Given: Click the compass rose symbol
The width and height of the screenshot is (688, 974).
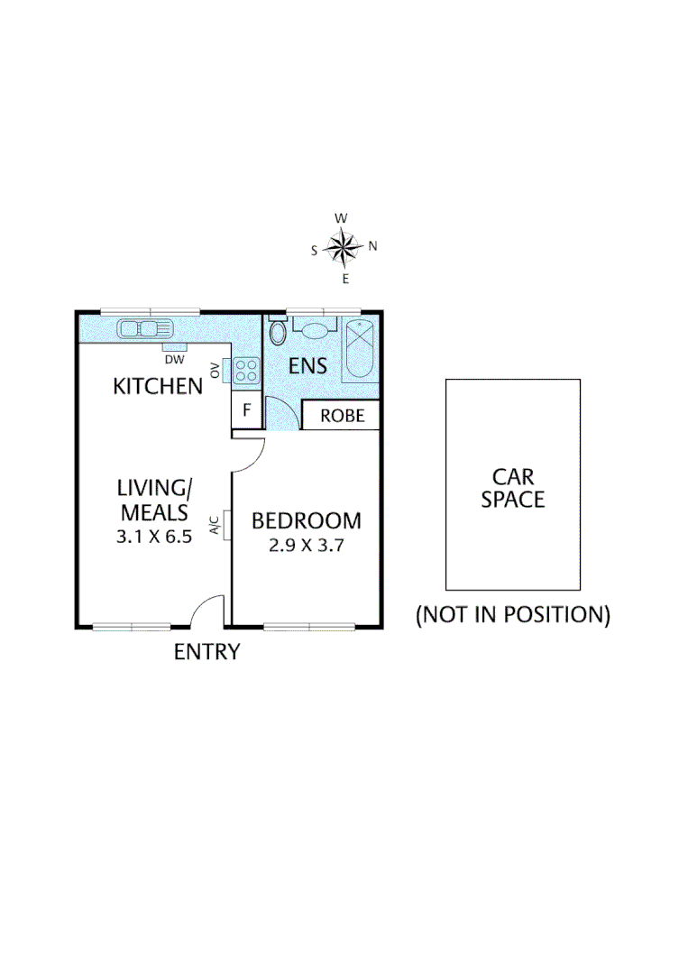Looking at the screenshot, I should tap(344, 247).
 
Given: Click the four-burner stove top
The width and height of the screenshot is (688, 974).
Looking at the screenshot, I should tap(245, 370).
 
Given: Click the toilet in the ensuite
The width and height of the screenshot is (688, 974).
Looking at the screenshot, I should tap(278, 332).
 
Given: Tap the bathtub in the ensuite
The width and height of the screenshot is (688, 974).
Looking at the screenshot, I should tap(361, 352).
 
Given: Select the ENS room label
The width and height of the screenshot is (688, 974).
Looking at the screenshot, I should tap(307, 367).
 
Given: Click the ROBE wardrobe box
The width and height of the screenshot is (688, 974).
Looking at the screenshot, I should tap(343, 416).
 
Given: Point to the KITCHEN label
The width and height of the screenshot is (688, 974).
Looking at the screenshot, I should tap(157, 387).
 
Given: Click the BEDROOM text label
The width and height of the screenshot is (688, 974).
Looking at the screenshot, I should tap(306, 521).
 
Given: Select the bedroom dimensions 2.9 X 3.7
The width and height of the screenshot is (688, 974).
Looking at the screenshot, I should tap(306, 545).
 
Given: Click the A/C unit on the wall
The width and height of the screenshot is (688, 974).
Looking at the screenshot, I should tap(225, 525).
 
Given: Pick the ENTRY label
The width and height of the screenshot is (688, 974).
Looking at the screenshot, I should tap(206, 651).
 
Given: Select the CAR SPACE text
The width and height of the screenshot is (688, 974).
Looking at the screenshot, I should tap(512, 487).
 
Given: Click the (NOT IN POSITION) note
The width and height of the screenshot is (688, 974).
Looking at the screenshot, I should tap(512, 615).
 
